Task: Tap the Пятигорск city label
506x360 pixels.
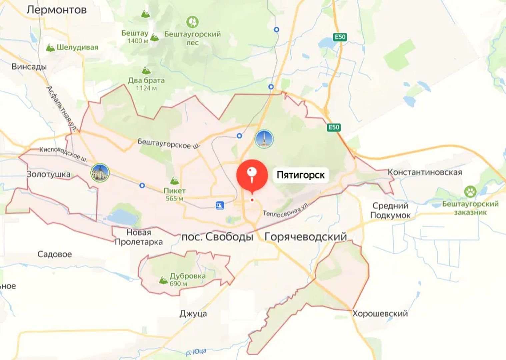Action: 301,175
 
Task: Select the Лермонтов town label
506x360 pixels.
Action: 57,10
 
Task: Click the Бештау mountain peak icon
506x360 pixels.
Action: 154,37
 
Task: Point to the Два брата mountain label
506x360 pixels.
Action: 146,80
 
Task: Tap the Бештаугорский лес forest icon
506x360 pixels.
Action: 193,22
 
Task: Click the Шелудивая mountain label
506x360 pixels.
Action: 77,47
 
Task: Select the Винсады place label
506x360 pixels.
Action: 29,66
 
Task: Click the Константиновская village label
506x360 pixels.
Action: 425,172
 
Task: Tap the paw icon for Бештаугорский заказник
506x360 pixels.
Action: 470,192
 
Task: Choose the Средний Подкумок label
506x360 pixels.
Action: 390,210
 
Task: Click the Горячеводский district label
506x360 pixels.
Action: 306,237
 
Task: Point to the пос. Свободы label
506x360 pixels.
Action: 217,237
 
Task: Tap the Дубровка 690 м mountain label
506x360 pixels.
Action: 187,279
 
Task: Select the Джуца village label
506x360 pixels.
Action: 193,314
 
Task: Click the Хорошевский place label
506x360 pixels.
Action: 380,314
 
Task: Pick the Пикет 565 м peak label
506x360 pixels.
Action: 174,194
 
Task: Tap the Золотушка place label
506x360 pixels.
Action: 48,174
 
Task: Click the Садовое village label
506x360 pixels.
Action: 54,254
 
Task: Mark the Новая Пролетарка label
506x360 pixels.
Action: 139,237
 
